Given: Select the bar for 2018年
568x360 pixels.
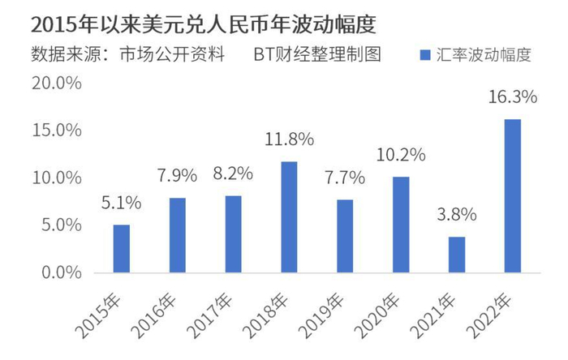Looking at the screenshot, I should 289,216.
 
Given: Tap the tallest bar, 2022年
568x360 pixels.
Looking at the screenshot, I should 513,195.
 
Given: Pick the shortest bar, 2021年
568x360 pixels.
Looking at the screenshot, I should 457,255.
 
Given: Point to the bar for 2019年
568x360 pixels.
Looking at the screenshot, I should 345,236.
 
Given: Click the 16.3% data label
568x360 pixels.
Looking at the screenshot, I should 514,98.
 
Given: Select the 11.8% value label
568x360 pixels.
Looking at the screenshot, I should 290,139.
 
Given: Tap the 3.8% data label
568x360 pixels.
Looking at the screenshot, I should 458,216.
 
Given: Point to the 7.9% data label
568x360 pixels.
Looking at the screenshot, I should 177,176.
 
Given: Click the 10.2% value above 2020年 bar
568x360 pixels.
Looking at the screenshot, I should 401,154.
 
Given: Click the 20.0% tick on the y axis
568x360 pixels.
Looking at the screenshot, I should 57,84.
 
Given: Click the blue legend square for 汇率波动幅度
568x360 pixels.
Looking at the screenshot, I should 425,56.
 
